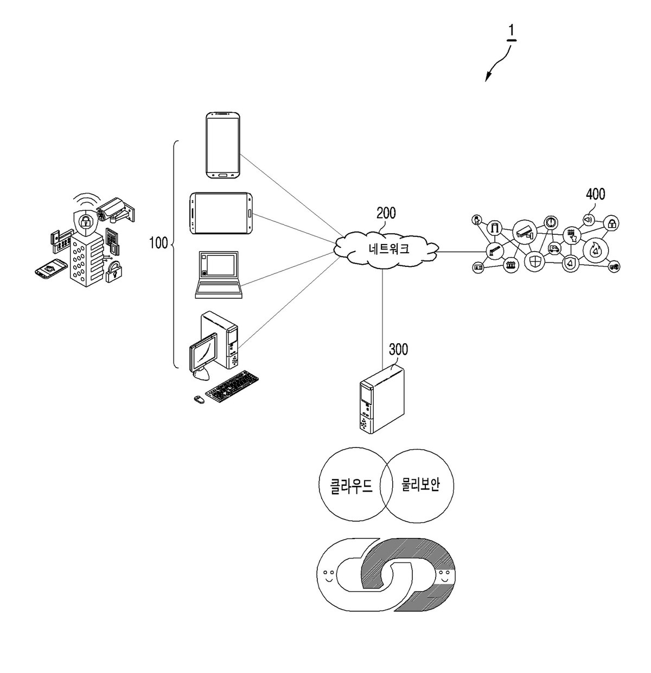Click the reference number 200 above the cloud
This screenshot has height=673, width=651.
coord(386,213)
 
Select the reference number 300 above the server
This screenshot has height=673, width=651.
coord(399,350)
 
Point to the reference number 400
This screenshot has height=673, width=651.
coord(595,194)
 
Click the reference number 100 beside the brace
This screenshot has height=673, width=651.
coord(158,243)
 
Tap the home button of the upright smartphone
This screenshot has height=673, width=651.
coord(223,175)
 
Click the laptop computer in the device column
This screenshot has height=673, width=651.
coord(219,274)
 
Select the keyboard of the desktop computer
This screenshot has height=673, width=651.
coord(232,386)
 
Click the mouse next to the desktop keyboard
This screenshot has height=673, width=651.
coord(199,399)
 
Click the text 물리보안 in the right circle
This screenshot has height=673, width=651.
coord(420,484)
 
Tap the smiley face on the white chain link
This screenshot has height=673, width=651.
coord(328,575)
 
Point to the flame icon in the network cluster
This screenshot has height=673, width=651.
coord(595,251)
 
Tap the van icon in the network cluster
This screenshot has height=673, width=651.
coord(554,248)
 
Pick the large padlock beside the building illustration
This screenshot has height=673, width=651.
coord(114,272)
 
